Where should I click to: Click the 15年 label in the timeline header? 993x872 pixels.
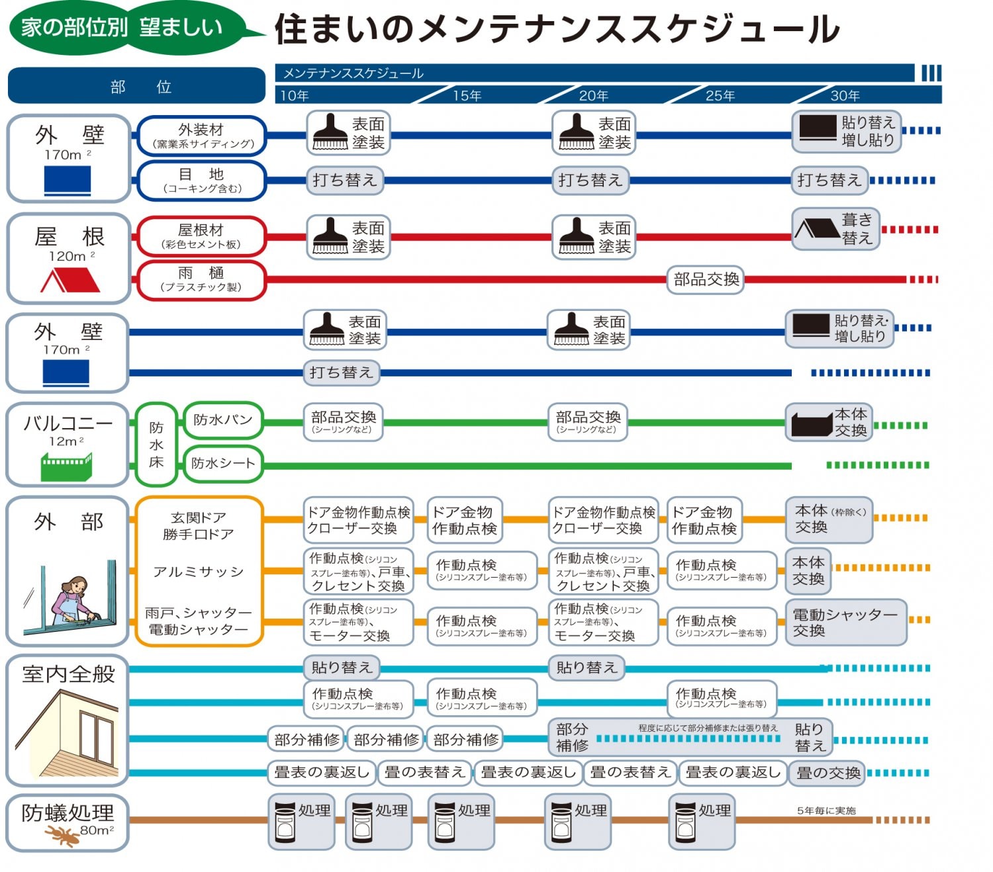467,96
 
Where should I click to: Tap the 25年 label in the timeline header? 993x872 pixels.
720,96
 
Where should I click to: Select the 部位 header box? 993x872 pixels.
136,86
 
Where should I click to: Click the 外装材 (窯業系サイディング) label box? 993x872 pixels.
201,136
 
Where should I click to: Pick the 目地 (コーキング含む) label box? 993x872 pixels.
201,180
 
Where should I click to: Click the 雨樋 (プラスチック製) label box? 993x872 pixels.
201,279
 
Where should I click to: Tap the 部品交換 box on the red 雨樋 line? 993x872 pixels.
706,279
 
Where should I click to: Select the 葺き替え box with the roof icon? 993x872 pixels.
837,229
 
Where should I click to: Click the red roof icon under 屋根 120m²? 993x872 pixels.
70,281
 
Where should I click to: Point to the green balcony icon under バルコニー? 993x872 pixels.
66,466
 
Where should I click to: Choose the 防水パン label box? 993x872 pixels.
223,420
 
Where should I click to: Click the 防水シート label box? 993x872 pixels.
223,463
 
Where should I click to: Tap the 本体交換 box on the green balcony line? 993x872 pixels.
829,422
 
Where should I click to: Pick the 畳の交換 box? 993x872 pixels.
827,773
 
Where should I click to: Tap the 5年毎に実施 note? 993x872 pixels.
826,810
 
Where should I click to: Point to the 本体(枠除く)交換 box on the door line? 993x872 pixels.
829,519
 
